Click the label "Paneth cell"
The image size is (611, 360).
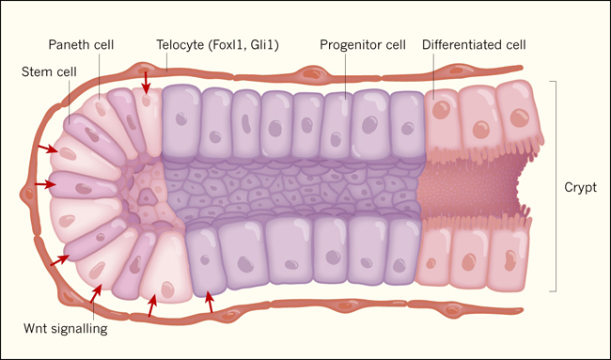click(81, 45)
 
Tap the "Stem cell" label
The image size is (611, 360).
click(49, 72)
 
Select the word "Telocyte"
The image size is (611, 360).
click(180, 45)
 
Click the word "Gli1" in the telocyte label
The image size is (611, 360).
click(264, 45)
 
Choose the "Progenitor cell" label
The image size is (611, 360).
click(363, 45)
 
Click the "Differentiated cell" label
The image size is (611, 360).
click(474, 45)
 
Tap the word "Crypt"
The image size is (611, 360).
click(580, 187)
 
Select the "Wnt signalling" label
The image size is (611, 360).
click(66, 328)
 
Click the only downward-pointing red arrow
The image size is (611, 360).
click(146, 83)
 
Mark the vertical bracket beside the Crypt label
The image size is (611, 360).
click(554, 186)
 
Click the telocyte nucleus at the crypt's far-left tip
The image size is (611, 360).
click(28, 194)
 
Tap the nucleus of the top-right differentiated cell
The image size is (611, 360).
click(520, 117)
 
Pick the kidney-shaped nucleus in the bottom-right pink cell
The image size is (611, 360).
click(509, 259)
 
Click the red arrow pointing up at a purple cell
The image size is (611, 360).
click(210, 302)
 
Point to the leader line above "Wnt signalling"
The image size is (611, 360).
click(94, 306)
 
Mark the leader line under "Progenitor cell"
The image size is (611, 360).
click(345, 75)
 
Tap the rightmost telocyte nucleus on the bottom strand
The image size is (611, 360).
click(452, 310)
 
